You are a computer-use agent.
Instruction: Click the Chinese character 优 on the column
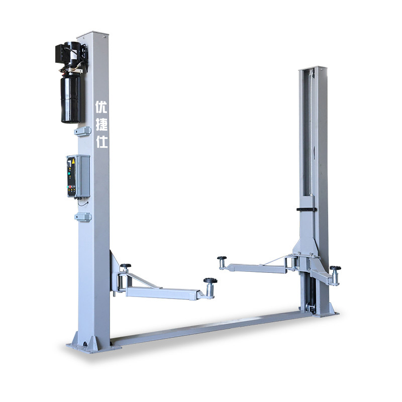101,107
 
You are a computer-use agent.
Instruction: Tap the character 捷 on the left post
102,125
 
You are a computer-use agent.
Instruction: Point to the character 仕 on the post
102,142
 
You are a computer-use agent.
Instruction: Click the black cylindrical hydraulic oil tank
70,98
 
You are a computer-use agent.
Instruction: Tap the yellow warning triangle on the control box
73,161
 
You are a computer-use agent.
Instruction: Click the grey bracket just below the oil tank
82,131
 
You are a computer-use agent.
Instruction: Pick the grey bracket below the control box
83,217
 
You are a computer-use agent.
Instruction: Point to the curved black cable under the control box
83,204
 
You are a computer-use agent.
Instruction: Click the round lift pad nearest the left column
125,266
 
